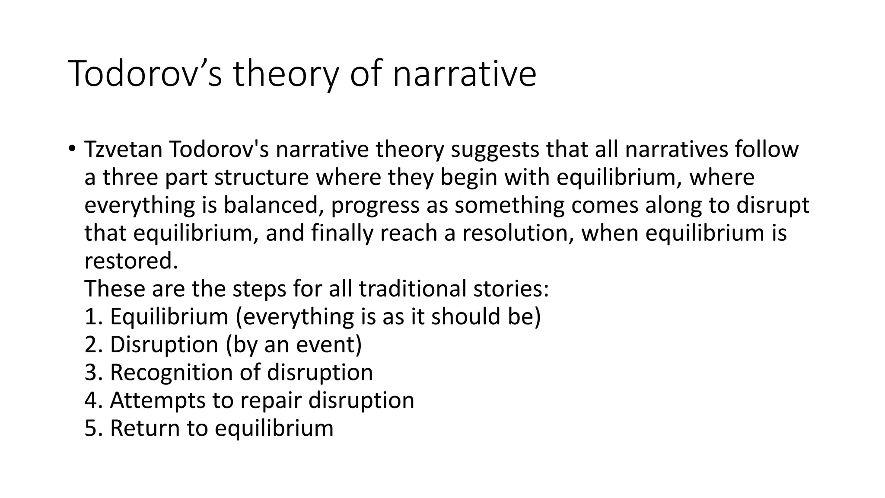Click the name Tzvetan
pos(123,150)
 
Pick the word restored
pos(131,261)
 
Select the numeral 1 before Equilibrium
pos(90,316)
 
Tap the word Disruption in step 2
pos(164,345)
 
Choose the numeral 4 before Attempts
pos(91,400)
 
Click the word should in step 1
pos(462,316)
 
